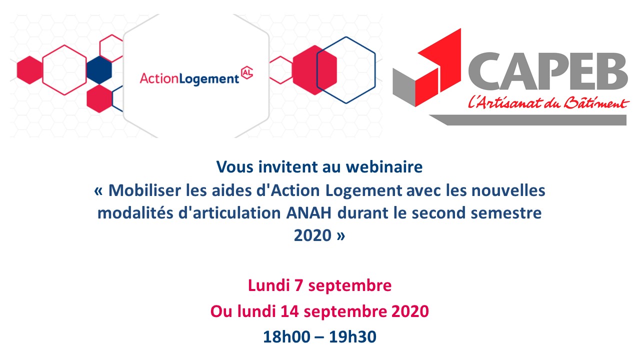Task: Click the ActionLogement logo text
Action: [x=189, y=78]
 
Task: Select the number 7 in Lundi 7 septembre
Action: [x=298, y=286]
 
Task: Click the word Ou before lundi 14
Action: [x=219, y=311]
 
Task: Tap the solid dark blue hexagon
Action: [x=99, y=70]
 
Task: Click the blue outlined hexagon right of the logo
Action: [x=346, y=70]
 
